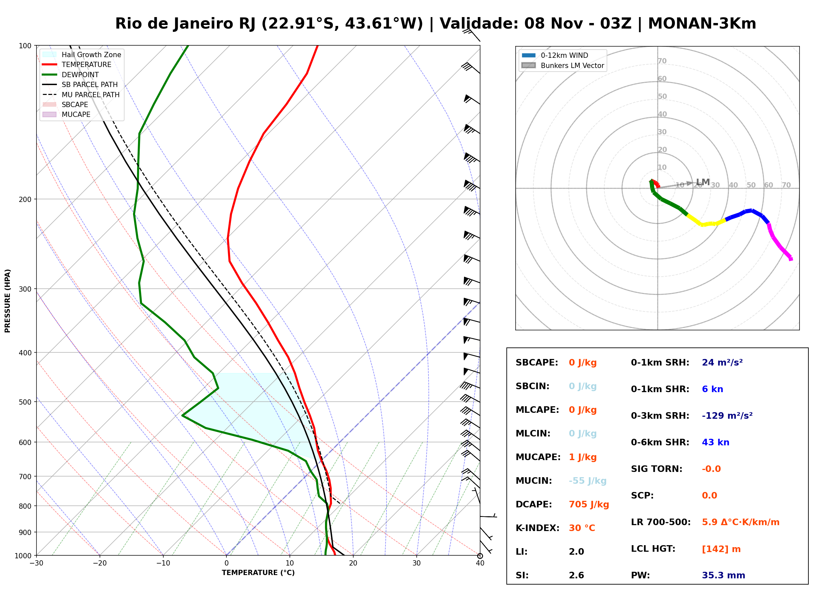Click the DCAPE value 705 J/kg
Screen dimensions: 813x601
[589, 504]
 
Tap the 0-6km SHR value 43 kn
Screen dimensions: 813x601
[715, 442]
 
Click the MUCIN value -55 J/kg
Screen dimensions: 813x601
[587, 480]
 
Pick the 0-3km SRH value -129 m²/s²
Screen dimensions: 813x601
[727, 415]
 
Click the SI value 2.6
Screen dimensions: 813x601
[576, 575]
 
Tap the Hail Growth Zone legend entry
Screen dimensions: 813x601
[82, 55]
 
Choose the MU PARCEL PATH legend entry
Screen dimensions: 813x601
[81, 95]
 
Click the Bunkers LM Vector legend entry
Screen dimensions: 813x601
[563, 65]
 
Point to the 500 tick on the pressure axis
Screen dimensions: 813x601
[25, 402]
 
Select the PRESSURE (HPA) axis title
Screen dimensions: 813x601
[8, 300]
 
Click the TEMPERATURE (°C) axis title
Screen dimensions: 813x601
[258, 573]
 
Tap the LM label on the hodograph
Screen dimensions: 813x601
[703, 182]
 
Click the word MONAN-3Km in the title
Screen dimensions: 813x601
[702, 24]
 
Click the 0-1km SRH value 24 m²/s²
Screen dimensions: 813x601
[722, 362]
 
